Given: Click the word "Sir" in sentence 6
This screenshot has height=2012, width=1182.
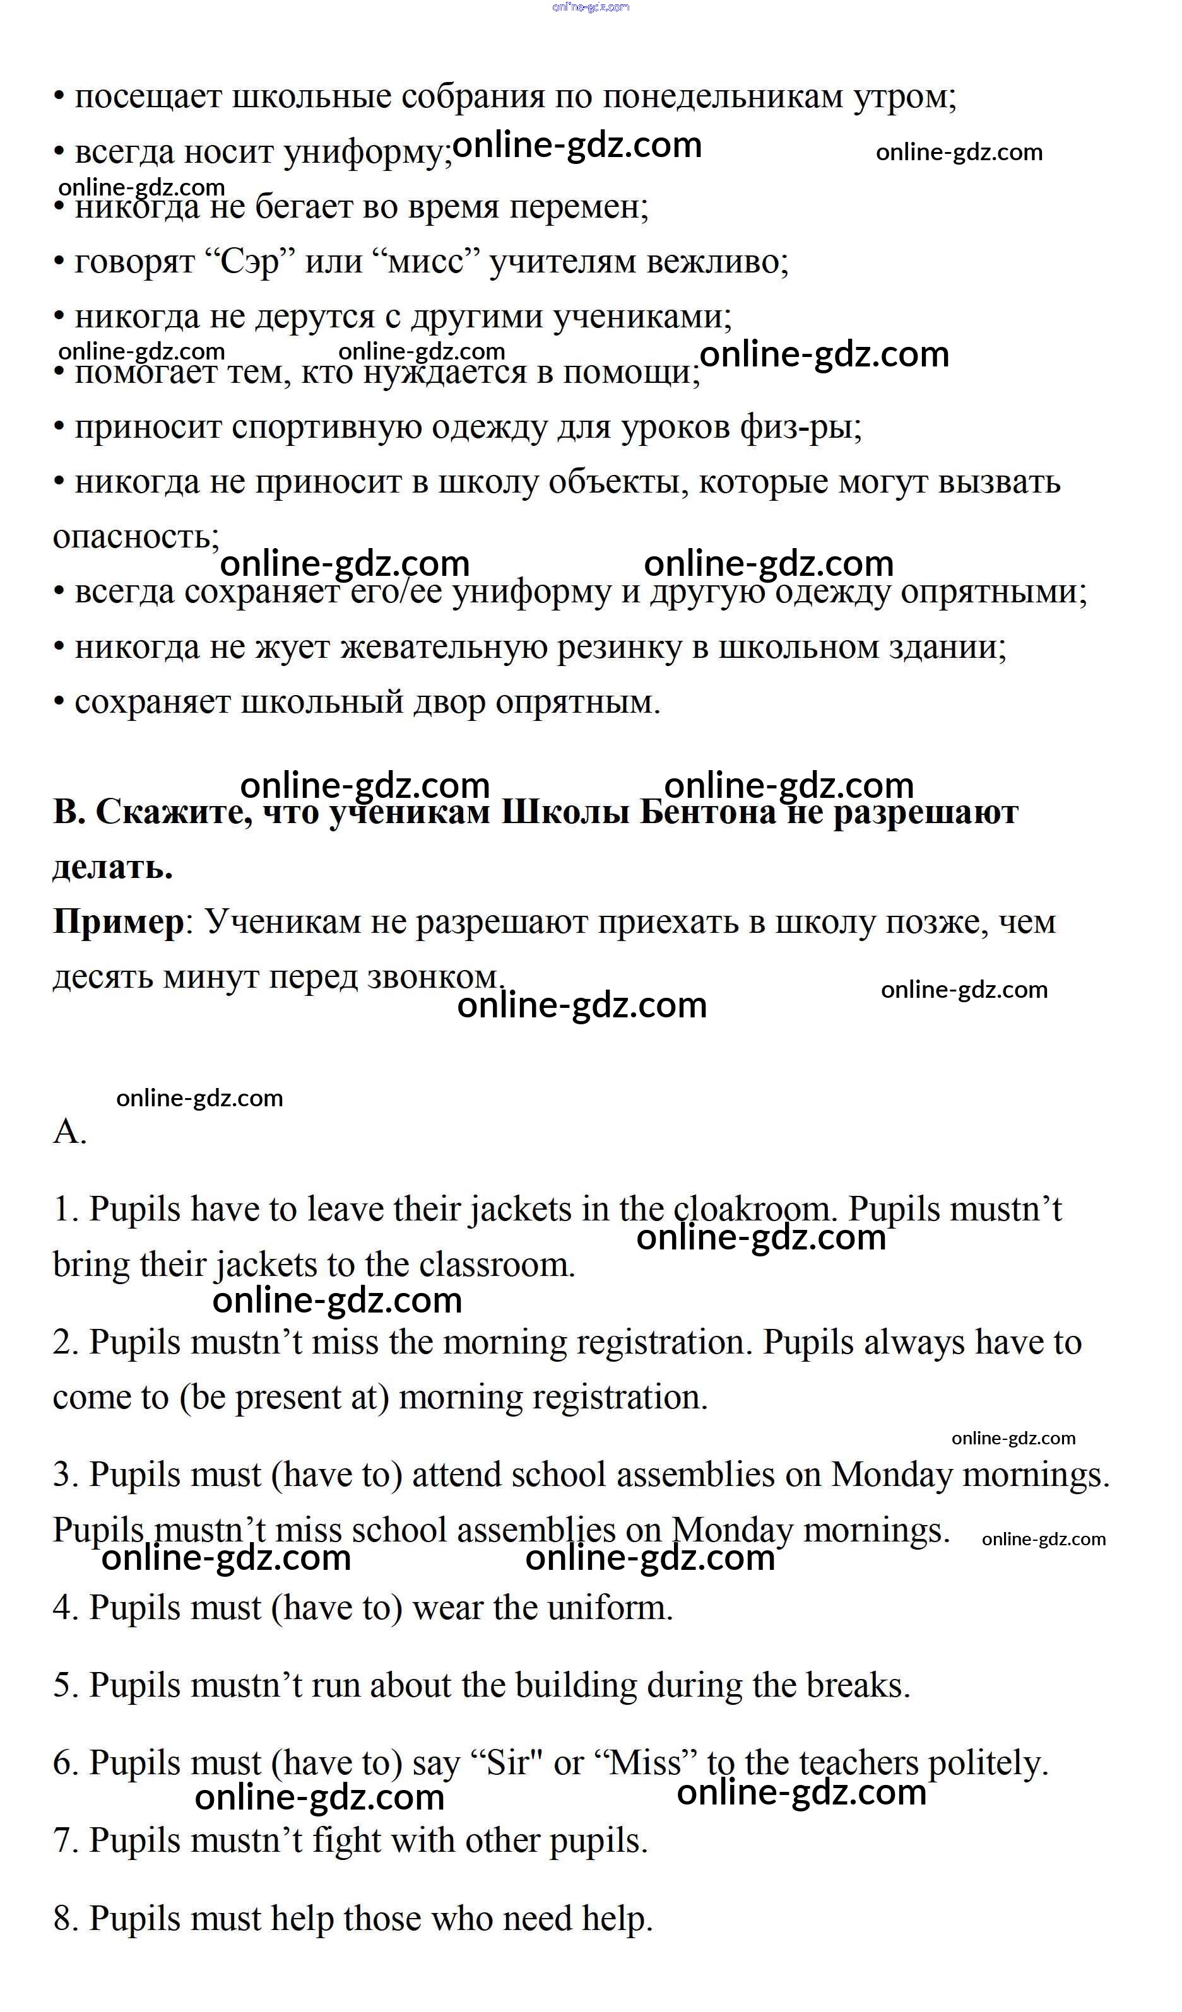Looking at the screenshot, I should click(x=509, y=1763).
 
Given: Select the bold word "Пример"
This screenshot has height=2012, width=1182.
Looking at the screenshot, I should click(x=118, y=922).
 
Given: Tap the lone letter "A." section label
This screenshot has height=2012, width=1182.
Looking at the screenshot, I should click(x=69, y=1132).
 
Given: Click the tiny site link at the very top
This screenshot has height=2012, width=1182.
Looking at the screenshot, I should click(x=590, y=7).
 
